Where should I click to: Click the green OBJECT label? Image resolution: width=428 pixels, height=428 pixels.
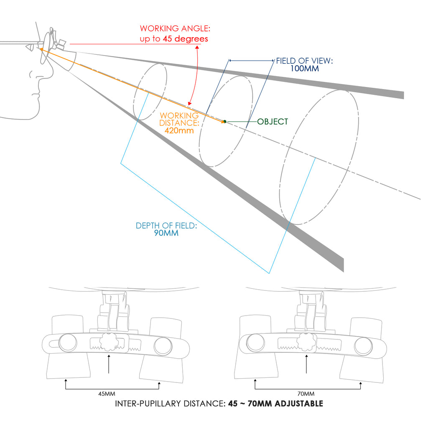tap(273, 122)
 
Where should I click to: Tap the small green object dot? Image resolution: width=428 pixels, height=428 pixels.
tap(224, 121)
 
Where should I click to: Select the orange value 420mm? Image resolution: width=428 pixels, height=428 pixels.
tap(179, 130)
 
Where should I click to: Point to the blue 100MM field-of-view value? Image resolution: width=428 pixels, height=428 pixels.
tap(305, 68)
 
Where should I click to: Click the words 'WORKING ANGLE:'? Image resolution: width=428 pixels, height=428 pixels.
tap(175, 28)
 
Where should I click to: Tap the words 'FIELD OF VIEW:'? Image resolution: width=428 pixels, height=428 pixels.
tap(304, 61)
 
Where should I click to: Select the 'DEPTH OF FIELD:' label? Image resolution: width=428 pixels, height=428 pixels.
tap(166, 226)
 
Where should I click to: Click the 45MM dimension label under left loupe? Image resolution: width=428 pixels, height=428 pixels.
tap(107, 394)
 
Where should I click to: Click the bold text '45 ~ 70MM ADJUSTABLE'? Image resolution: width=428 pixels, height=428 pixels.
tap(276, 404)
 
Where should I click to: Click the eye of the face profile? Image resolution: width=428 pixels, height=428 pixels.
tap(30, 48)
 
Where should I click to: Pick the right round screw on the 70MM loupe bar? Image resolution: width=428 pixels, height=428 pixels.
tap(362, 345)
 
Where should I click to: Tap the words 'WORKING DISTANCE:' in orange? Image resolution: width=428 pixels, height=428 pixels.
tap(179, 119)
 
